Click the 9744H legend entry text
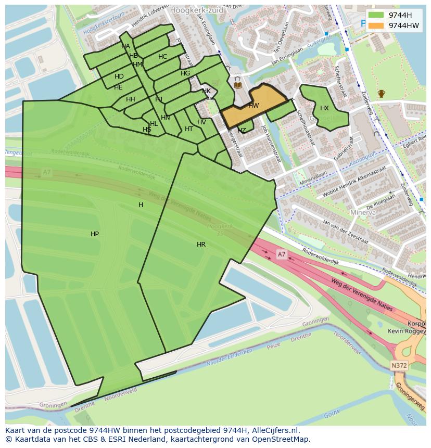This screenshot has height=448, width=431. click(x=400, y=15)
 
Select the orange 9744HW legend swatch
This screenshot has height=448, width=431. click(x=376, y=25)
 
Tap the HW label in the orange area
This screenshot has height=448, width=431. click(x=253, y=106)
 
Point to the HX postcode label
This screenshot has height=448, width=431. click(x=324, y=108)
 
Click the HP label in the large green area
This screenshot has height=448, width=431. click(x=95, y=234)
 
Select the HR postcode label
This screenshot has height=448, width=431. click(x=201, y=244)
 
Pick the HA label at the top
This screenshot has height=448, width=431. click(x=125, y=46)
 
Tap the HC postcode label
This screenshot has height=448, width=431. click(x=162, y=57)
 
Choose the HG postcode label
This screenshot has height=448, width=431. click(x=185, y=73)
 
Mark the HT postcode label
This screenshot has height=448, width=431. click(x=189, y=129)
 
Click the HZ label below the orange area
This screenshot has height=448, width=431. click(x=242, y=130)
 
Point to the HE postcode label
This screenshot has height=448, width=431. click(x=118, y=87)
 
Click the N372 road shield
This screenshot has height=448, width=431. click(x=399, y=366)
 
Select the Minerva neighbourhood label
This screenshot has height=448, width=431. click(x=363, y=213)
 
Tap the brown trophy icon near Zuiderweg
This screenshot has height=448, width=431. click(x=382, y=94)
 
